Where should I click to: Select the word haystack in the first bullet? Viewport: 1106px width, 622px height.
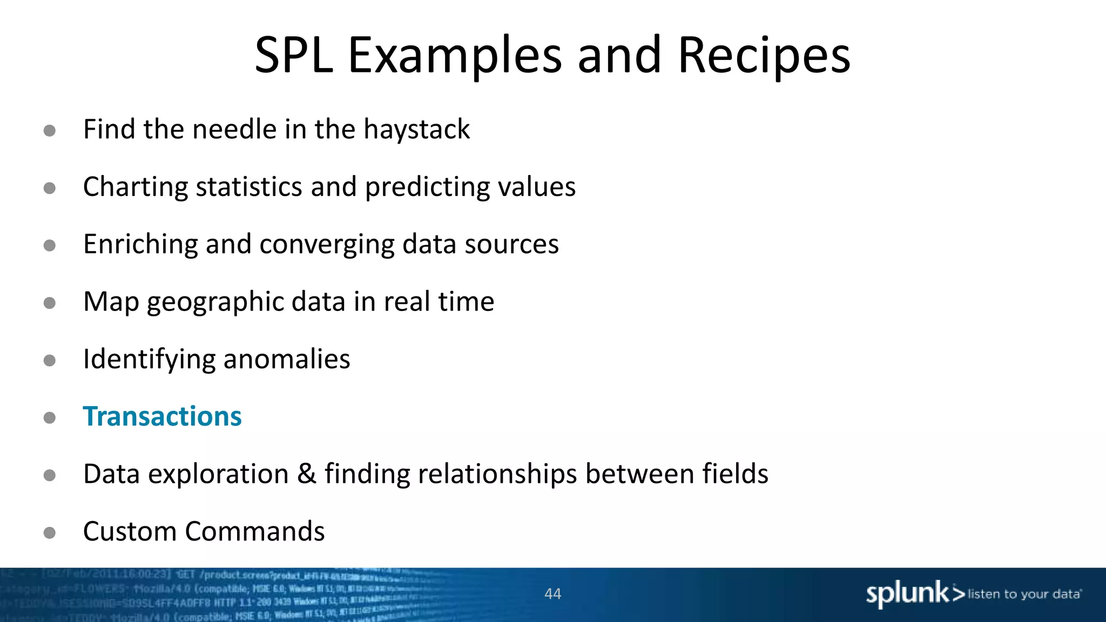tap(416, 130)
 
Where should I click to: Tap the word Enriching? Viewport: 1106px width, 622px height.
tap(140, 244)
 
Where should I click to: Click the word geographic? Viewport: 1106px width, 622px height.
tap(215, 302)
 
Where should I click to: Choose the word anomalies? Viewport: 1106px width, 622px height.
tap(286, 359)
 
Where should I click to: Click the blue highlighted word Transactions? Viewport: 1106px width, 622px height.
tap(162, 416)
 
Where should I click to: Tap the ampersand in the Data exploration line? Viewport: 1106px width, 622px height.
tap(306, 474)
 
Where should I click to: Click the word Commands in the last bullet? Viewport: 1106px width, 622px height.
tap(255, 531)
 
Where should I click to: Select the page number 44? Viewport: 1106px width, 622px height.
tap(552, 594)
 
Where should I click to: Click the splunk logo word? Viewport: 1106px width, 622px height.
tap(907, 594)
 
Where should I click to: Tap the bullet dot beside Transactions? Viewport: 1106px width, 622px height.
tap(50, 417)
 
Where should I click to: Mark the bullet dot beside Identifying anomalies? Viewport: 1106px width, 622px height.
tap(50, 360)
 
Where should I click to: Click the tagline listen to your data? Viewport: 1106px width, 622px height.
tap(1024, 594)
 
